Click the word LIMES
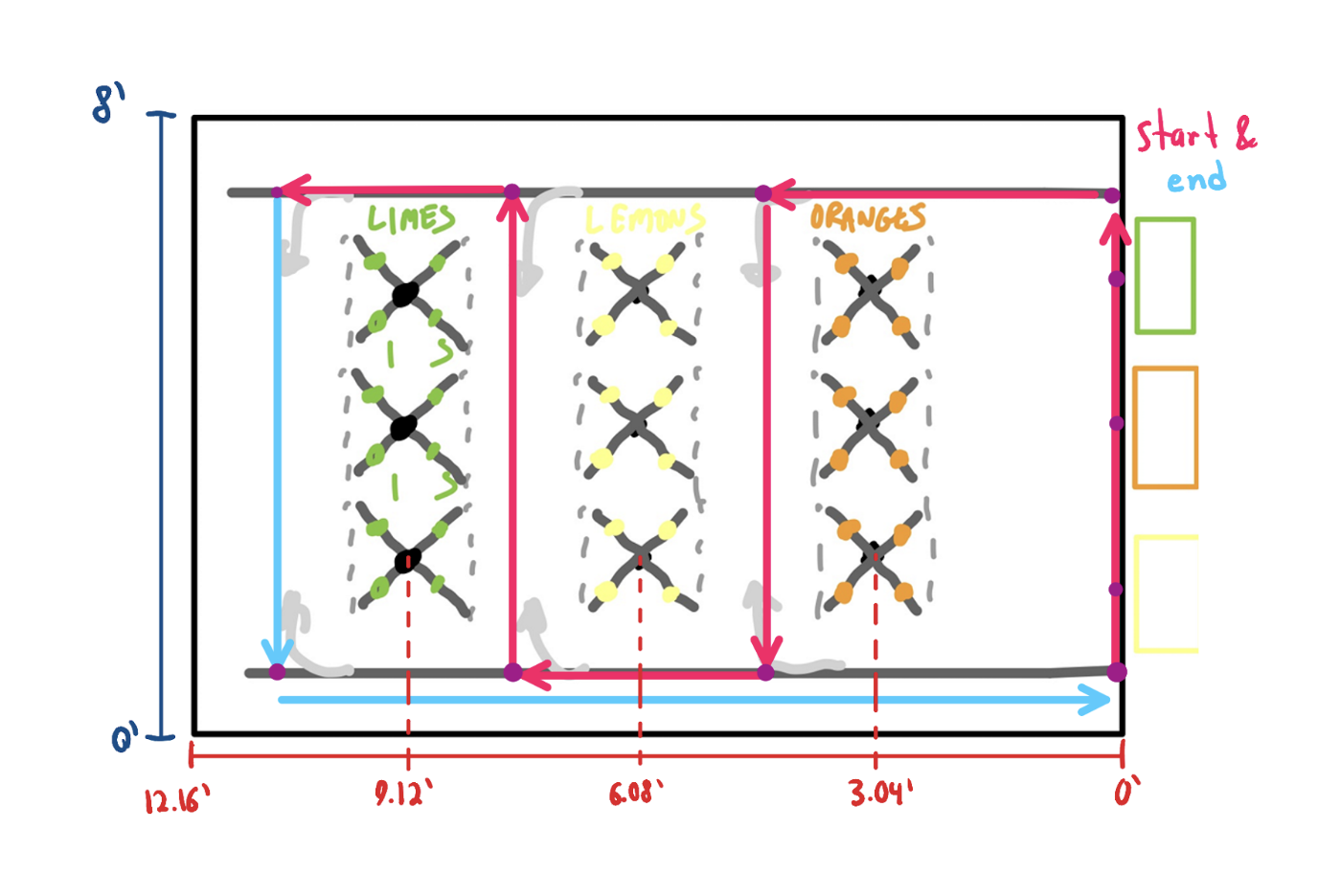(x=411, y=218)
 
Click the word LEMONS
(x=645, y=219)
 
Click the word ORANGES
(x=868, y=217)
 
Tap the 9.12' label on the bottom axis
(x=403, y=795)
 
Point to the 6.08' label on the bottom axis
(x=636, y=793)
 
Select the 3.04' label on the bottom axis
(x=881, y=793)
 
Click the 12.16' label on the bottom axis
(x=177, y=800)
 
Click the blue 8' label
(x=109, y=102)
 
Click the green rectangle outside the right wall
(x=1166, y=275)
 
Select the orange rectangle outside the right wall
(x=1166, y=427)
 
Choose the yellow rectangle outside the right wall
(x=1167, y=594)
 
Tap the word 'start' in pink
(x=1177, y=131)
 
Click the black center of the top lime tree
(x=405, y=294)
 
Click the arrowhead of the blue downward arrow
(x=277, y=653)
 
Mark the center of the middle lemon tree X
(x=637, y=425)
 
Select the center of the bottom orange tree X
(x=873, y=554)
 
